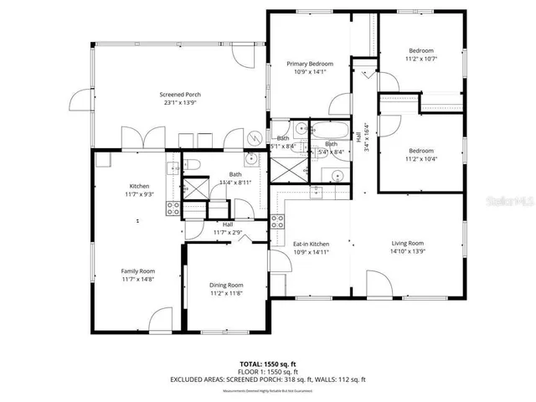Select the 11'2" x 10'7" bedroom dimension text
tap(421, 59)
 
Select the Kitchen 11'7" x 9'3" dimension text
tap(139, 194)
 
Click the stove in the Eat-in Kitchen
tap(277, 223)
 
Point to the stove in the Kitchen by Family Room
tap(173, 209)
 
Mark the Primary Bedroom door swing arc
tap(338, 104)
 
